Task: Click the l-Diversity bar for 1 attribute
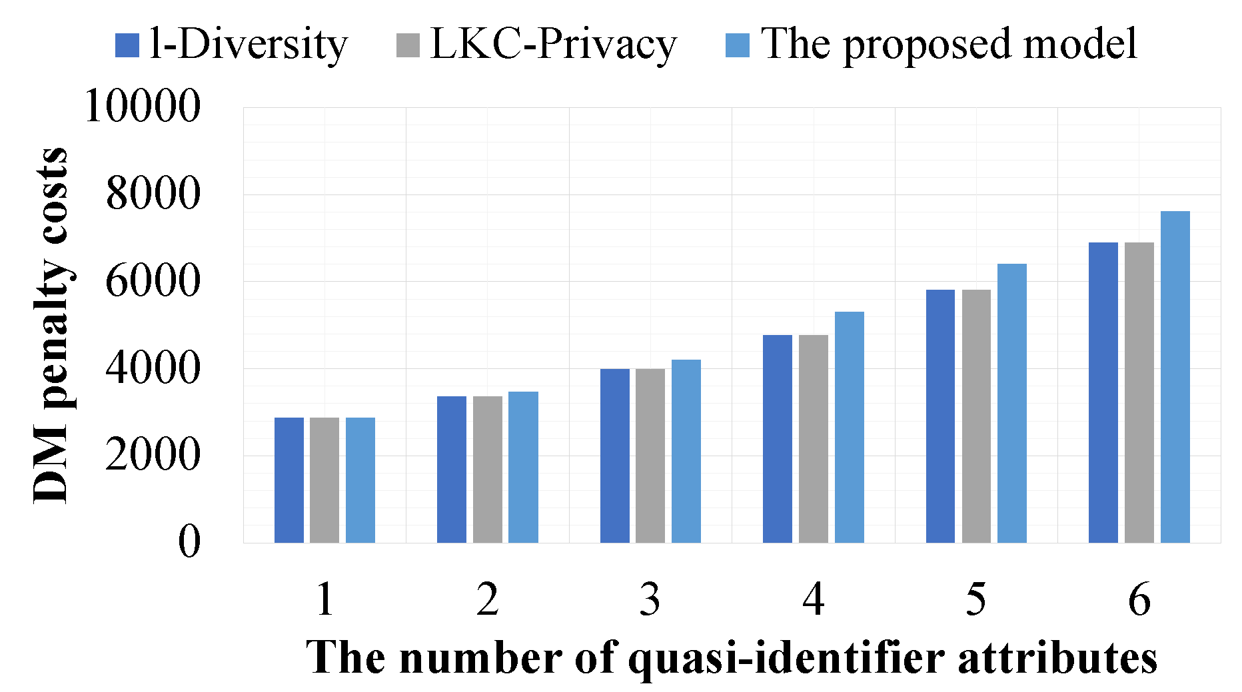[x=289, y=480]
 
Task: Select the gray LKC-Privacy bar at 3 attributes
[x=650, y=456]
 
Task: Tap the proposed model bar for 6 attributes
[x=1175, y=377]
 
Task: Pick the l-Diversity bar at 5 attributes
[x=940, y=416]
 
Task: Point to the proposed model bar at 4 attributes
[x=849, y=427]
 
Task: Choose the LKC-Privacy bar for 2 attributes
[x=487, y=470]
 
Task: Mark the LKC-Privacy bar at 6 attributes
[x=1139, y=392]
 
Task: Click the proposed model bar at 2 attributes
[x=523, y=467]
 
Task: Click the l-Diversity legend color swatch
[x=127, y=45]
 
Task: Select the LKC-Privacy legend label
[x=553, y=45]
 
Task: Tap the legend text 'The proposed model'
[x=949, y=45]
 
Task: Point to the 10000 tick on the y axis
[x=143, y=107]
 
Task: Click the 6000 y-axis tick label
[x=153, y=281]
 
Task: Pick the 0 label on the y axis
[x=189, y=542]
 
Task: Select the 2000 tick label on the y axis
[x=153, y=456]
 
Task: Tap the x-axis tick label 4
[x=813, y=599]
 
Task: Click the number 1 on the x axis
[x=324, y=599]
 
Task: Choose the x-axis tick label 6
[x=1139, y=599]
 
